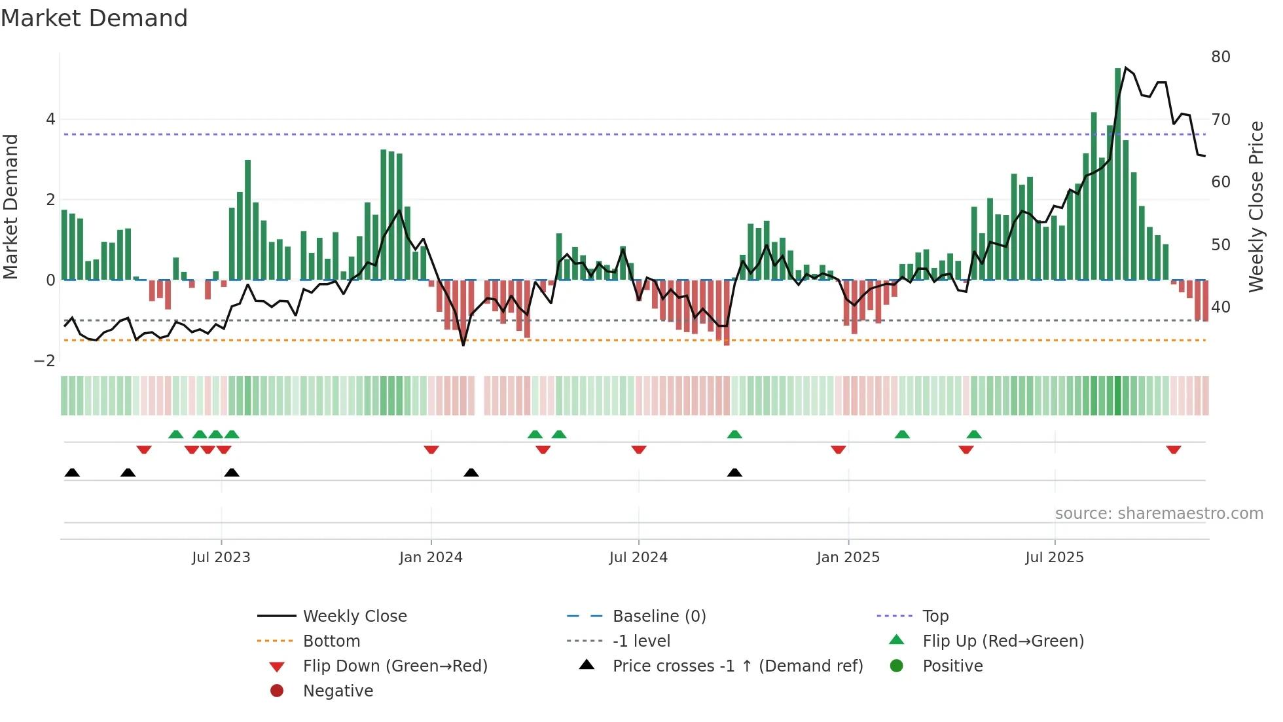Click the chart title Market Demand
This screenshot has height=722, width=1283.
point(94,18)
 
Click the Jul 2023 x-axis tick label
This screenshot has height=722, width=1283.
point(221,558)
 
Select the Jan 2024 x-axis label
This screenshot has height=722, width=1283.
point(431,558)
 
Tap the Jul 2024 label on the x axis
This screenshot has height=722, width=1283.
point(638,558)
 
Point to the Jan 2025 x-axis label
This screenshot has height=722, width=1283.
point(848,558)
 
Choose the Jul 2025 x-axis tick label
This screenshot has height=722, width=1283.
point(1055,558)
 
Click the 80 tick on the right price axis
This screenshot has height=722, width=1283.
point(1221,57)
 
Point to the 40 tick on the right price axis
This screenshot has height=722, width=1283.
point(1221,307)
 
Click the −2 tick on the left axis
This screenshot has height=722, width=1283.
point(45,361)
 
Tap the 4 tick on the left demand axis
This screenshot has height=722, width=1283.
point(50,119)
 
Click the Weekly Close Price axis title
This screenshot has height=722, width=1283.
point(1256,206)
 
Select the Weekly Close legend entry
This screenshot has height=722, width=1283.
point(355,617)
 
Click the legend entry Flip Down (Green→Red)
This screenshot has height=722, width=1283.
point(395,666)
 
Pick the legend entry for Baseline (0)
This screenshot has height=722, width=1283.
point(659,617)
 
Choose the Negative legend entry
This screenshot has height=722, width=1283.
point(338,691)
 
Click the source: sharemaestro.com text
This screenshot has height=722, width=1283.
point(1159,514)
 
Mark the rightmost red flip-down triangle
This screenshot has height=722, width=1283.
point(1173,449)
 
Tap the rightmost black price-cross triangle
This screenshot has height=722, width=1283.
point(734,472)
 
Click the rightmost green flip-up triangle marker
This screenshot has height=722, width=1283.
point(974,434)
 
